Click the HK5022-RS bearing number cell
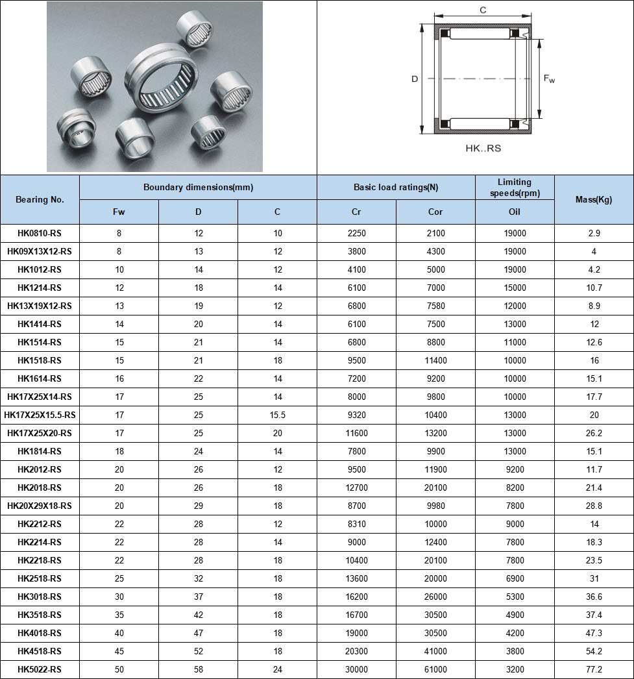tap(40, 669)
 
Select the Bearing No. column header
tap(40, 199)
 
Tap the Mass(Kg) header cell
tap(594, 199)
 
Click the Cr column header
tap(356, 212)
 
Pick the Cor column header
tap(435, 212)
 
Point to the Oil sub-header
tap(515, 212)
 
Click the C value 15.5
tap(277, 415)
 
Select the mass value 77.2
tap(594, 669)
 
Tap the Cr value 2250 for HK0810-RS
tap(356, 233)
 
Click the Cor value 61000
tap(435, 669)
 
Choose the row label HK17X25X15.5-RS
tap(40, 415)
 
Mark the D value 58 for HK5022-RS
tap(198, 669)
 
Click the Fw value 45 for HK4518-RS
tap(119, 651)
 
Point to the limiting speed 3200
tap(515, 669)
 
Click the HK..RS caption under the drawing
tap(483, 148)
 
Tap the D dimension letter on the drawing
tap(414, 79)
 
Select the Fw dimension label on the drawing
tap(549, 79)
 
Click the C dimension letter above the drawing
tap(483, 10)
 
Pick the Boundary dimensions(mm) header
tap(198, 187)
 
